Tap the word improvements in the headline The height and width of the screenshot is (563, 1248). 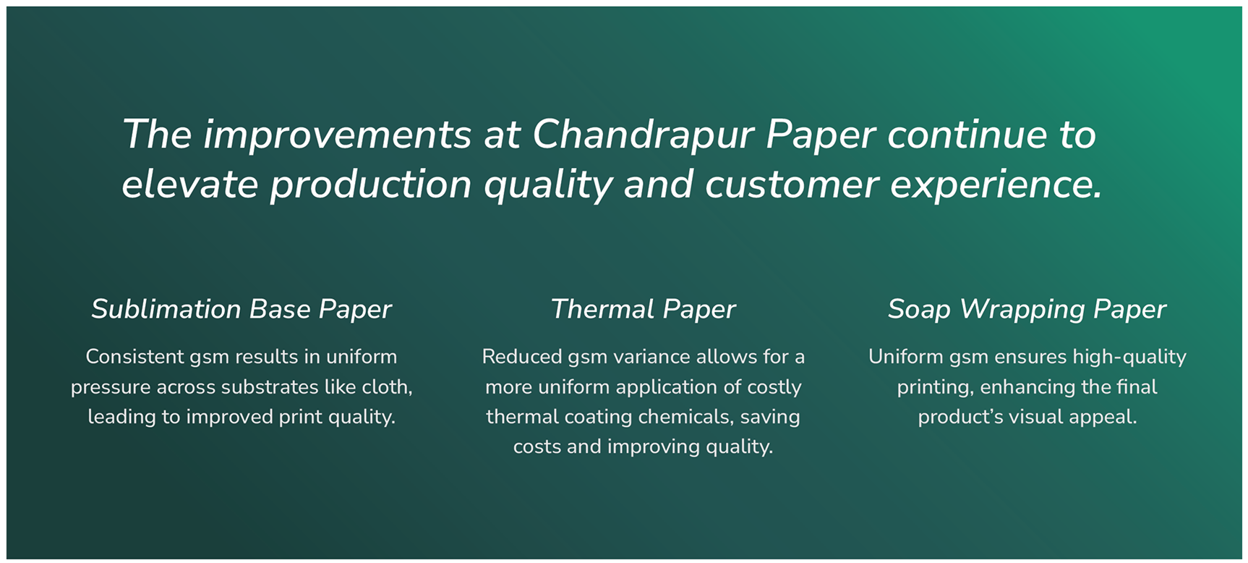337,135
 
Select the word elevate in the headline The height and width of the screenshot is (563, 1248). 190,185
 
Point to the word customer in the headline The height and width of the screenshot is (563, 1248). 792,185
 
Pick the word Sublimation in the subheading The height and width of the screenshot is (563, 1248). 166,310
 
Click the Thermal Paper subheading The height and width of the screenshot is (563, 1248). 643,310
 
